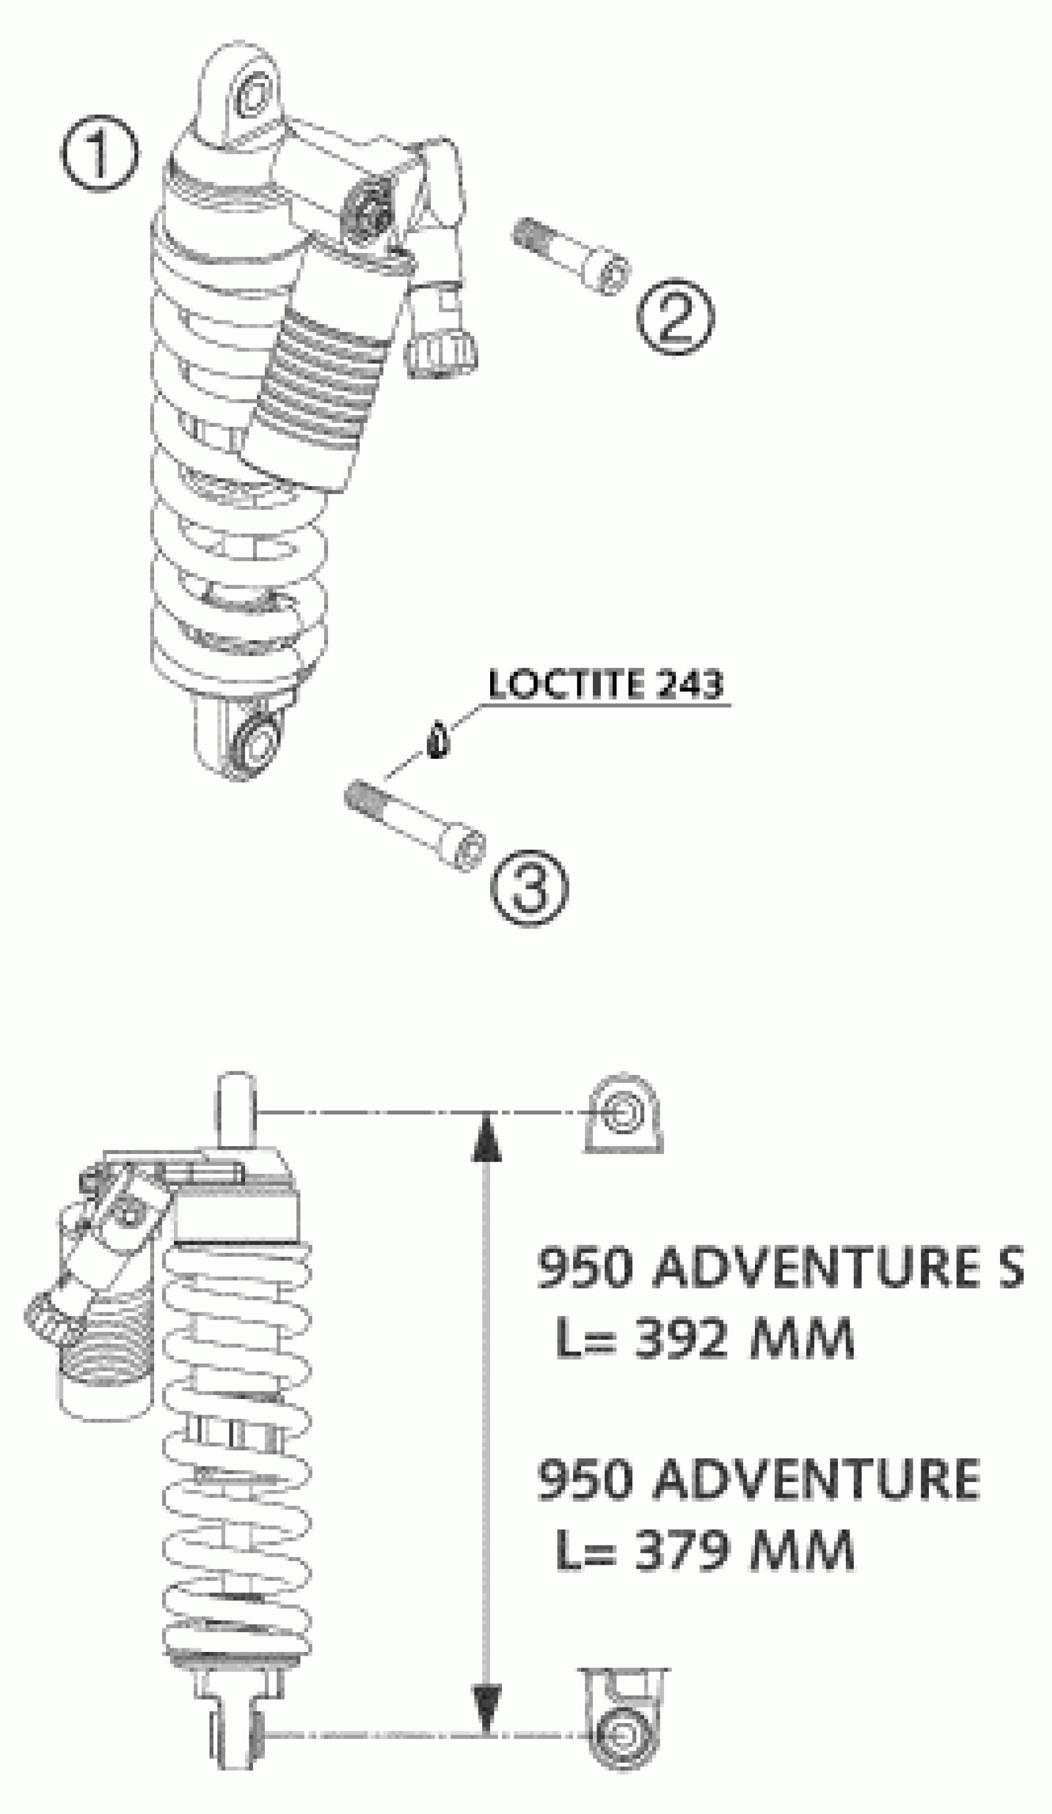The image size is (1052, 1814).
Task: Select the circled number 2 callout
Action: (x=675, y=317)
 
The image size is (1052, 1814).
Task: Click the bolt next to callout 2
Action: (x=571, y=255)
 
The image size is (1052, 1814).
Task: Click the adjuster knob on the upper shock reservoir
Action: (x=441, y=353)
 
